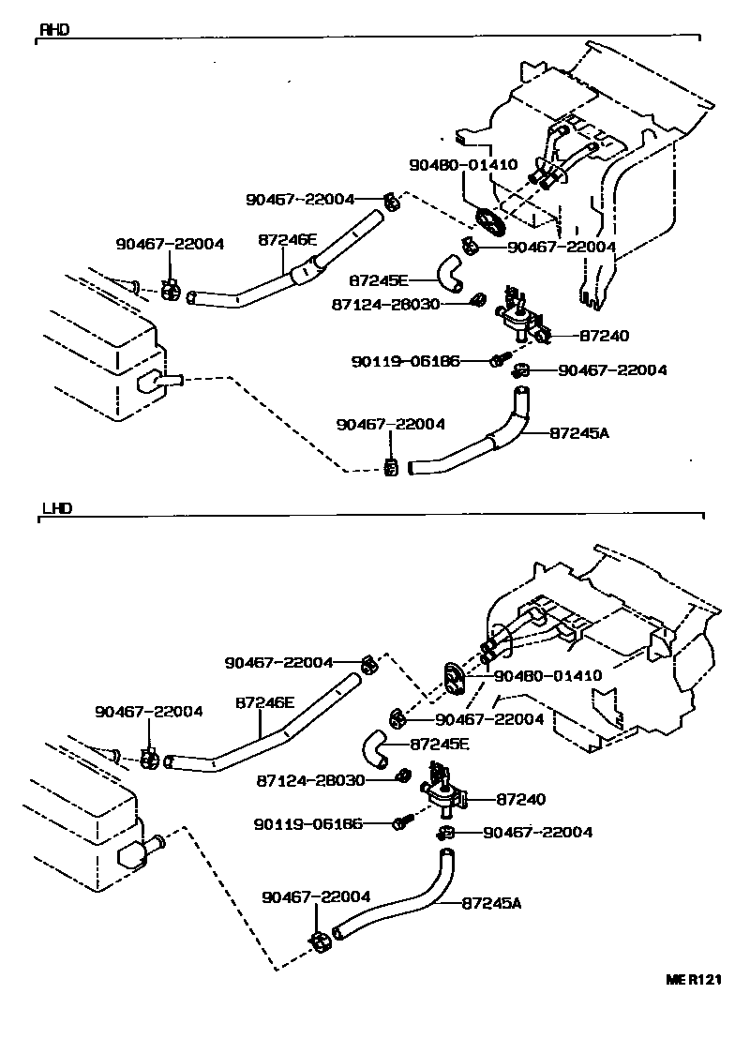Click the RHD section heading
point(53,29)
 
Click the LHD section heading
point(56,508)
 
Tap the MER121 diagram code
point(694,979)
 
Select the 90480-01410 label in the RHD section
point(463,164)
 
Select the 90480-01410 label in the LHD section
point(547,674)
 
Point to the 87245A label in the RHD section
point(579,433)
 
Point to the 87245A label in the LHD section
point(491,903)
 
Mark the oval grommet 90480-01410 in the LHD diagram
point(454,677)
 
